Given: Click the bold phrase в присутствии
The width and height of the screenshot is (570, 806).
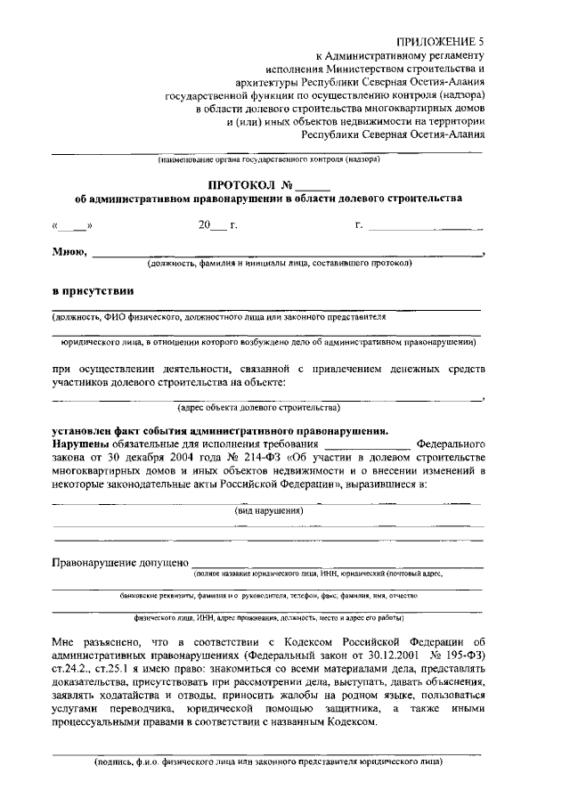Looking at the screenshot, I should (93, 290).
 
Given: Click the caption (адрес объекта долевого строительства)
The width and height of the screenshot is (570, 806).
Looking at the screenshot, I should (258, 408).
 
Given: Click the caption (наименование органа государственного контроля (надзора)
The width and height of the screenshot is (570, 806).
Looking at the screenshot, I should (268, 160).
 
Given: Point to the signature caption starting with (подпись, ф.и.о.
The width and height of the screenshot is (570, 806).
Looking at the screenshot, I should (268, 762).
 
